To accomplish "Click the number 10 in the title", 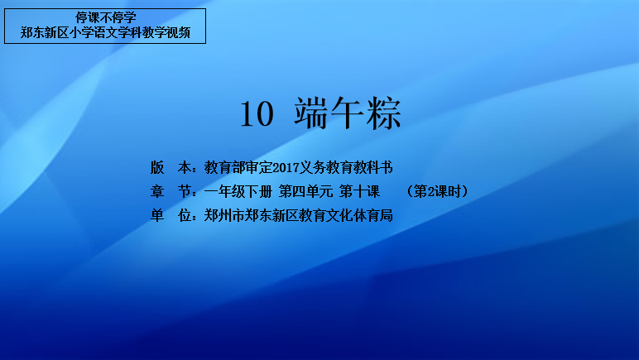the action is point(257,114).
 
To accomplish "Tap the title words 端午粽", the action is point(348,113).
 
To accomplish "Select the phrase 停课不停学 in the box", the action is point(106,17).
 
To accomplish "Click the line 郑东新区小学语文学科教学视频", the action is point(106,32).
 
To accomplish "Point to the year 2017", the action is point(286,167).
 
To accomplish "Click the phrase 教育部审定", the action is point(238,167).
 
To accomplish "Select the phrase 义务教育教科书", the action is point(346,167).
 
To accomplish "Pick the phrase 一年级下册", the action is point(238,191).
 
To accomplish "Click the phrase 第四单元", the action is point(305,191).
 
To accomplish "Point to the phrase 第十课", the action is point(359,191).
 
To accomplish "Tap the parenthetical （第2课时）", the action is point(438,191).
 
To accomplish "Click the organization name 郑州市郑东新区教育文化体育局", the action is point(299,215).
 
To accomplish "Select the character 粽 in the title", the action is point(384,113).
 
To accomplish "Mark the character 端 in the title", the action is point(311,113).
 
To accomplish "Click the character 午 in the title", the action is point(347,113).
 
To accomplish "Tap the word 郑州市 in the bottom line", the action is point(224,215).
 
